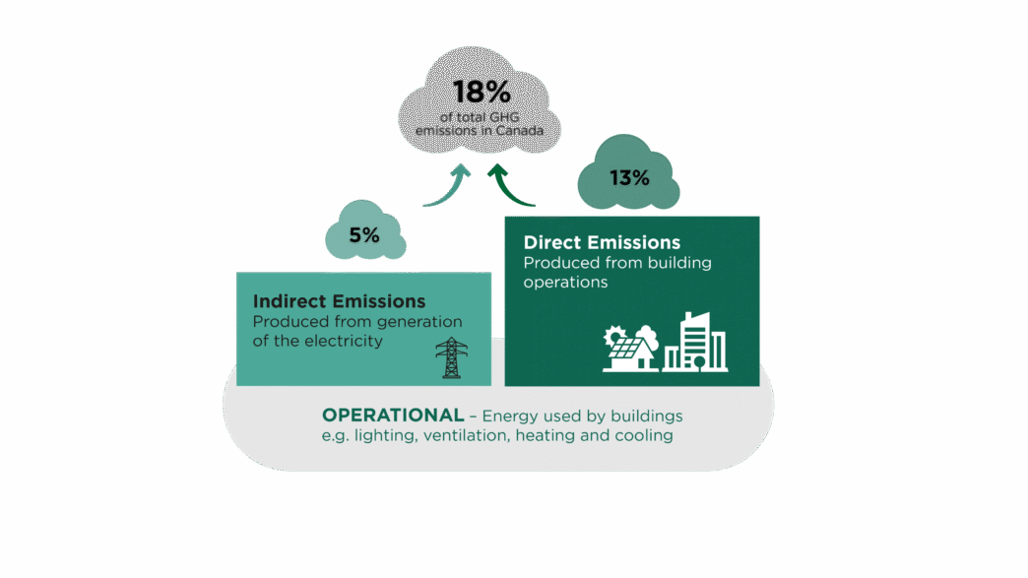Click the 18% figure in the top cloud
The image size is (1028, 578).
[482, 94]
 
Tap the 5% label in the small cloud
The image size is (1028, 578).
[363, 236]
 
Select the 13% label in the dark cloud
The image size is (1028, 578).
[629, 178]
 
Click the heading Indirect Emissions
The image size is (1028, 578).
[339, 301]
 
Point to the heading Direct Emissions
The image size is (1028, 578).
[602, 242]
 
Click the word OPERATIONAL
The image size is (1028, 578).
[392, 415]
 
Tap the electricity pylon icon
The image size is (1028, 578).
[452, 357]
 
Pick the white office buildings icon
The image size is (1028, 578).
[696, 343]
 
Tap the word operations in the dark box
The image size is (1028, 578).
[565, 282]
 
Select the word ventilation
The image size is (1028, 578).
[467, 435]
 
